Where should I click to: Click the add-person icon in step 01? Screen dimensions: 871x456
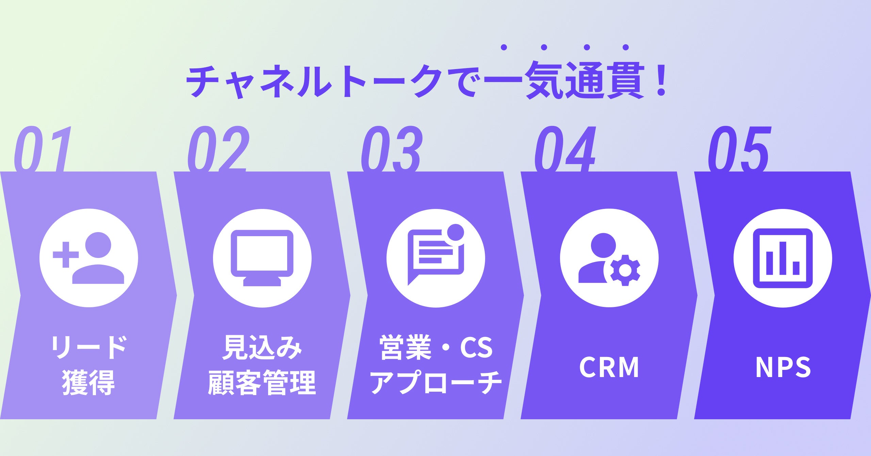click(89, 258)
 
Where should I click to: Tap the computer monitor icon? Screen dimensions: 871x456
click(262, 258)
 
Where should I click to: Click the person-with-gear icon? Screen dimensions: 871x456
click(609, 258)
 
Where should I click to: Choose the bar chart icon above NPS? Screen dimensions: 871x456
click(783, 258)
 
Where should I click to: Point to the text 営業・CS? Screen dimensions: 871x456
click(436, 347)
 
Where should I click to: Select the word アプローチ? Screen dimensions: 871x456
click(436, 382)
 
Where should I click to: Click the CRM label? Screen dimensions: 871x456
click(609, 367)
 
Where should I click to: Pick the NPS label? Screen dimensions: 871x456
click(783, 367)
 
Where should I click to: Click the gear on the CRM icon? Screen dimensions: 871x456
click(625, 271)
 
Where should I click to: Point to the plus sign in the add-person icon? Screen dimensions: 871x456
click(66, 255)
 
